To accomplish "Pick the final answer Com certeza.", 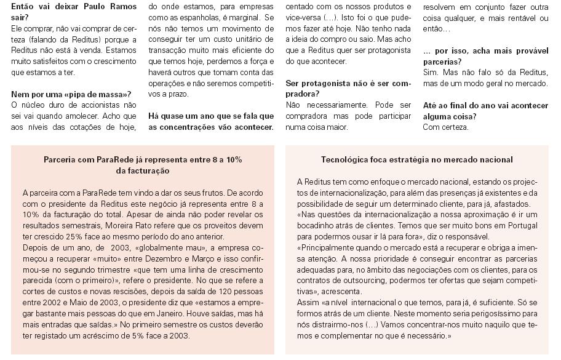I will pyautogui.click(x=445, y=127).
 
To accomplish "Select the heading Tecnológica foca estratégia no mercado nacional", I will pyautogui.click(x=416, y=159).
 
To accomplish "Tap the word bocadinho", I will pyautogui.click(x=316, y=226).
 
